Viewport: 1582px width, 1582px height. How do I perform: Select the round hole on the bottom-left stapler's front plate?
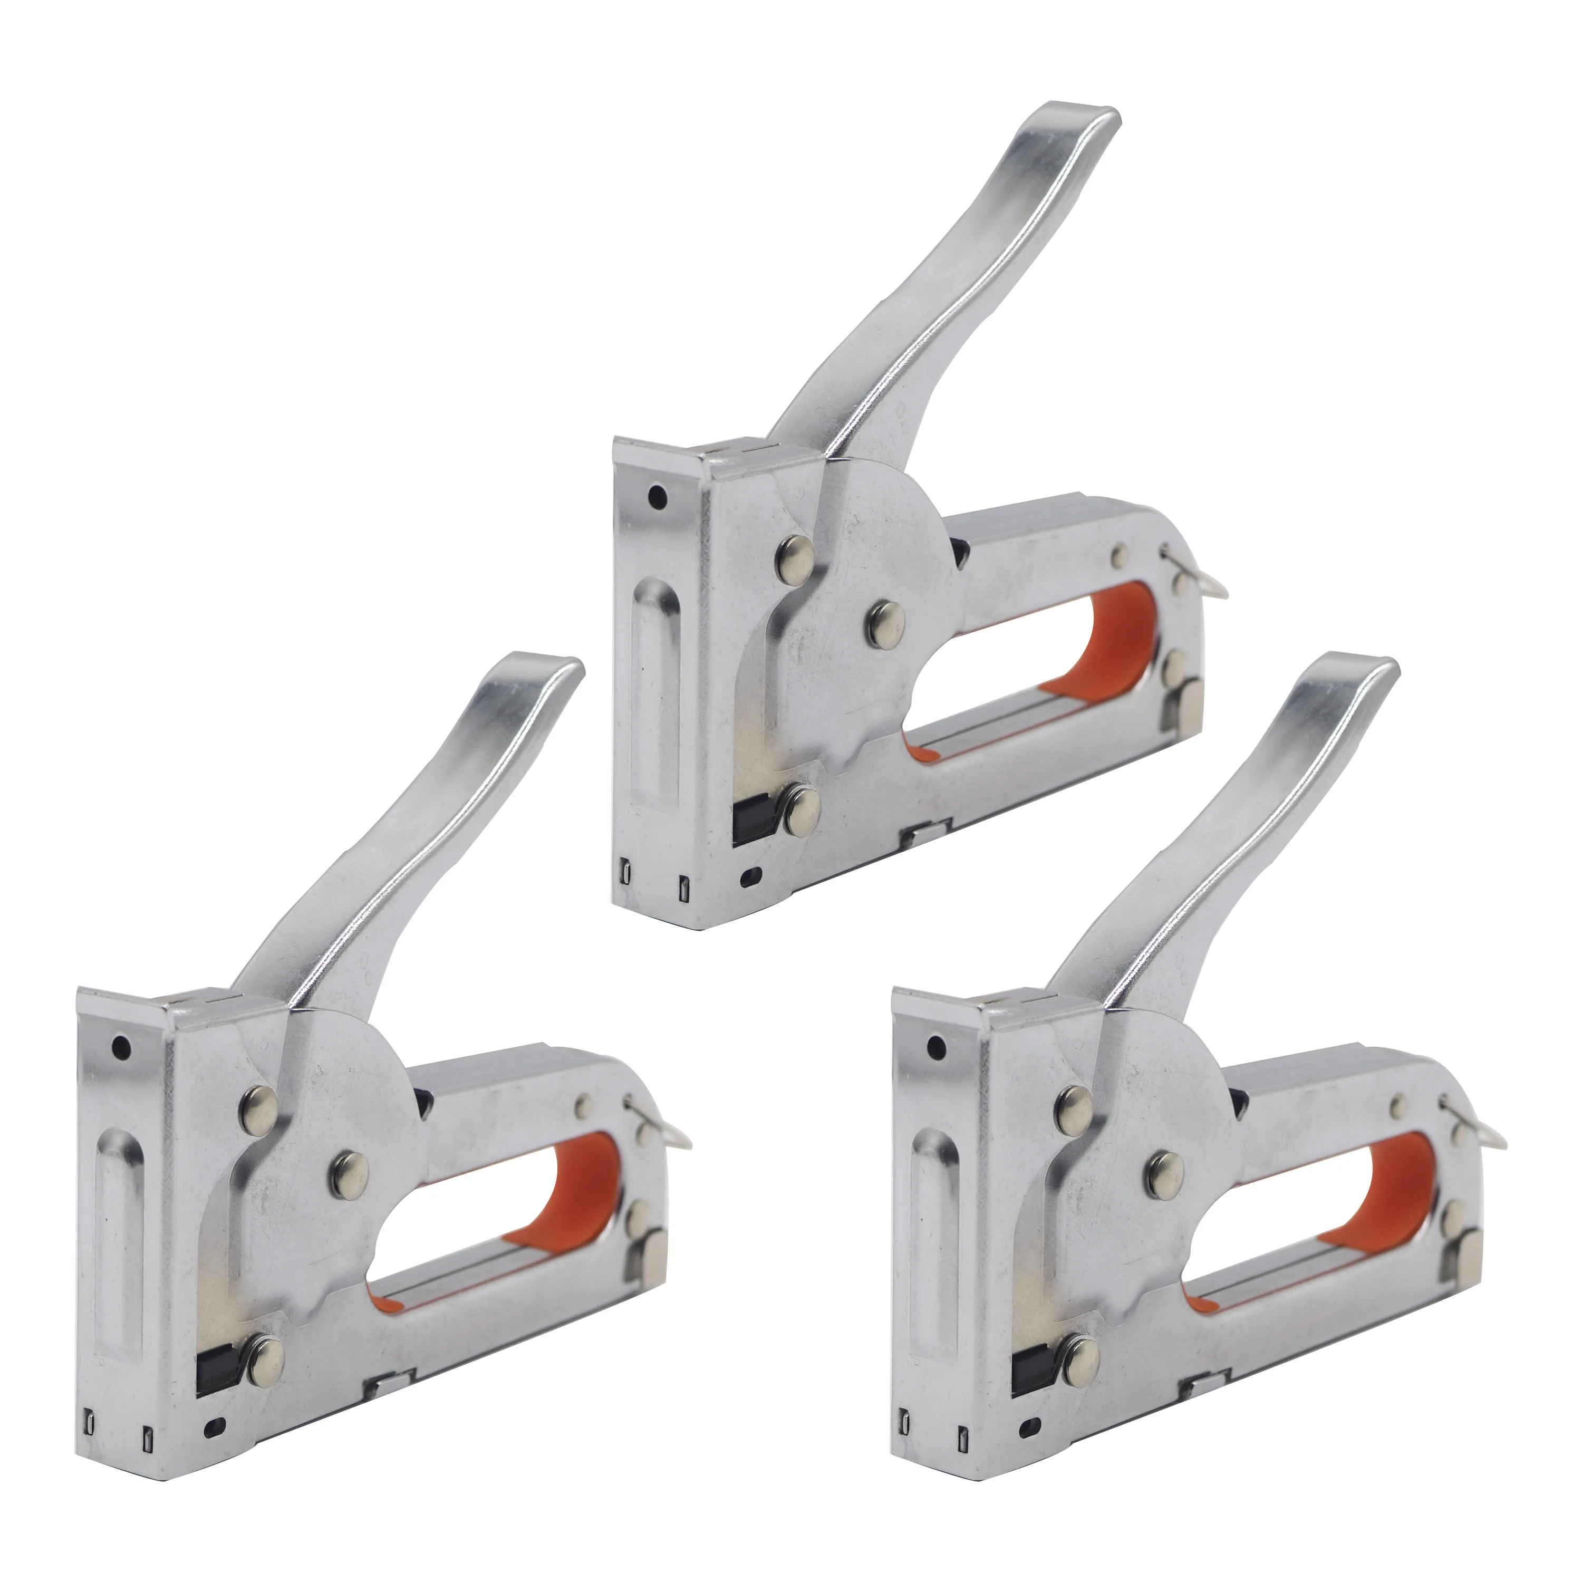point(122,1045)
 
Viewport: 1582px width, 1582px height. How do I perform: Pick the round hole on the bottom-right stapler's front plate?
point(936,1045)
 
